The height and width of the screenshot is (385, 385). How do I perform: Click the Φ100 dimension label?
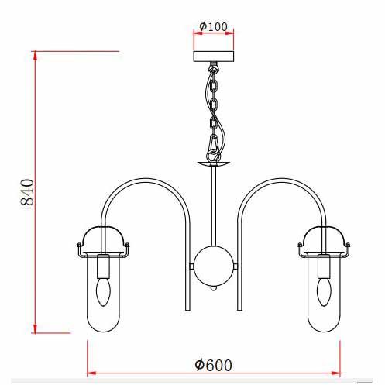214,26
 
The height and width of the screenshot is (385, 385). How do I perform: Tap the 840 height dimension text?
27,192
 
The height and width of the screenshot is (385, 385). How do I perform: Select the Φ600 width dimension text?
213,365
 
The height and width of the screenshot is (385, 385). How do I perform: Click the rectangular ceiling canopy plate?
214,57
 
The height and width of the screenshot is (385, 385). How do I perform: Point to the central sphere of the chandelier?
214,266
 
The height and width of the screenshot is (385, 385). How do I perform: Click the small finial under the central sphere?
213,288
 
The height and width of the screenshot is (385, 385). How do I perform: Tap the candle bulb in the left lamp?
103,292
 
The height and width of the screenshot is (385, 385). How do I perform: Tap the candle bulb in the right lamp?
324,292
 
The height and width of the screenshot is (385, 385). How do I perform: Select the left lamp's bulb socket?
103,266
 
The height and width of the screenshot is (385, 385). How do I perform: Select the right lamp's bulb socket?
324,266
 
